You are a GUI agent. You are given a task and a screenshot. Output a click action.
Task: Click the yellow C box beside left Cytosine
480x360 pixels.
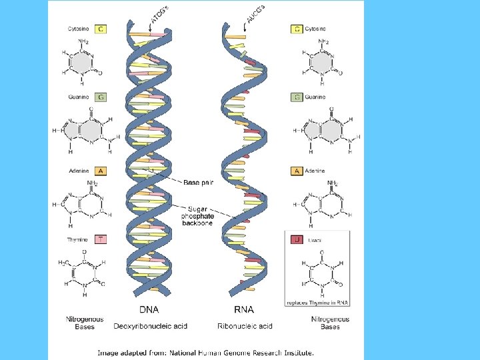click(x=101, y=29)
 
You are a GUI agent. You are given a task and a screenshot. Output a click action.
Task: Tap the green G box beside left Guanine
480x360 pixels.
click(x=101, y=97)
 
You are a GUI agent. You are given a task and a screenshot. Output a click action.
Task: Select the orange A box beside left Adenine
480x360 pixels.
click(x=101, y=171)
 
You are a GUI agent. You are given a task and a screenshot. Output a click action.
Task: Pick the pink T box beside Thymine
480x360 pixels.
click(x=101, y=239)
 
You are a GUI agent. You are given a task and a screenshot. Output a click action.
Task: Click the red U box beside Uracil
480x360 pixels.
click(x=297, y=239)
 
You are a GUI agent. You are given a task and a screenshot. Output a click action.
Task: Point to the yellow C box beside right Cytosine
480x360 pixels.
click(x=297, y=29)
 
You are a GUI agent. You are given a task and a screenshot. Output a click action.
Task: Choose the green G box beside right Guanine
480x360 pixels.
click(x=297, y=97)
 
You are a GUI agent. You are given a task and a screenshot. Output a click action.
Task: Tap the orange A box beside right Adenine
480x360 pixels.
click(x=297, y=171)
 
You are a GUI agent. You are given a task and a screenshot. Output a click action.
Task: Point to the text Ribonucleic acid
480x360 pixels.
click(x=245, y=326)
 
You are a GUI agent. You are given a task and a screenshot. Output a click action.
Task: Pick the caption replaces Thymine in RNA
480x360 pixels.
click(x=317, y=302)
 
